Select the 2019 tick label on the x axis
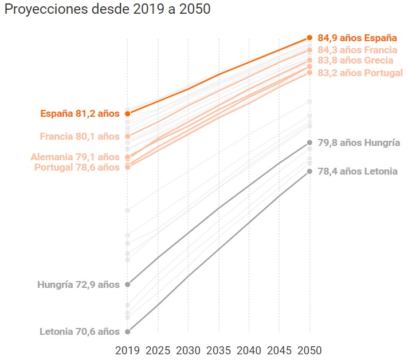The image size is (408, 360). coord(127,350)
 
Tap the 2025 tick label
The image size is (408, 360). coord(158,350)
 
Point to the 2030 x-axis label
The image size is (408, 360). coord(188,350)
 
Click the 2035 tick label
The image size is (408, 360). coord(218,350)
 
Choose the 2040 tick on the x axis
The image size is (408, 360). coord(249,350)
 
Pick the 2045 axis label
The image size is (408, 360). coord(279,350)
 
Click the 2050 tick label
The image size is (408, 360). coord(309,350)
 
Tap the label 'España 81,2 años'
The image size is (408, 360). coord(80,114)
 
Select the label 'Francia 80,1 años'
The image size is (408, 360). coord(80,136)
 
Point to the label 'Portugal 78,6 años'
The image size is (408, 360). coord(77,167)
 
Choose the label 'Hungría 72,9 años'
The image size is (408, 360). coord(79,284)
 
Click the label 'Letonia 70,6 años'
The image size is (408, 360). coord(80,331)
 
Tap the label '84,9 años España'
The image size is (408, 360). coord(357,38)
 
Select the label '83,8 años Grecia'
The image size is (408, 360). coord(355,61)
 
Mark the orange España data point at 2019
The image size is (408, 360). coord(127,114)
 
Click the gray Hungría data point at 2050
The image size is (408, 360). coord(309,143)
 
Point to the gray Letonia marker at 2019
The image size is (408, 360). coord(127,331)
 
